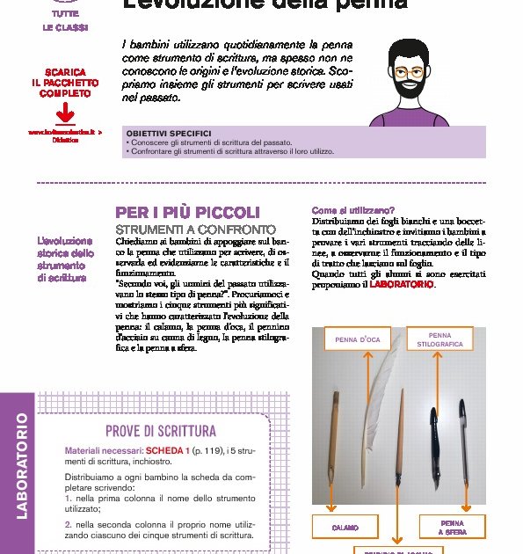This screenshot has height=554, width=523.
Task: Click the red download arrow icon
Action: point(63,114)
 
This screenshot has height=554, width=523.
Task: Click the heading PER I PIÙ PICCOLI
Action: point(188,213)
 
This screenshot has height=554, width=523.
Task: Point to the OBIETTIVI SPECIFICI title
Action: point(169,134)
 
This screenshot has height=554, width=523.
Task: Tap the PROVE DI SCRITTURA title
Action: point(160,430)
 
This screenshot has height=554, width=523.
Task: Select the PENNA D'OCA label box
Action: point(358,339)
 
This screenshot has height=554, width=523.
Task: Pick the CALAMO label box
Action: point(345,527)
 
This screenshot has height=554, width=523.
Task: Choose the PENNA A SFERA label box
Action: point(453,527)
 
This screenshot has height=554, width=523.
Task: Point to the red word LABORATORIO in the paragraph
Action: point(402,285)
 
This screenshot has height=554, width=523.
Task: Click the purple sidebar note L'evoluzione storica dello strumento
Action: point(64,259)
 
